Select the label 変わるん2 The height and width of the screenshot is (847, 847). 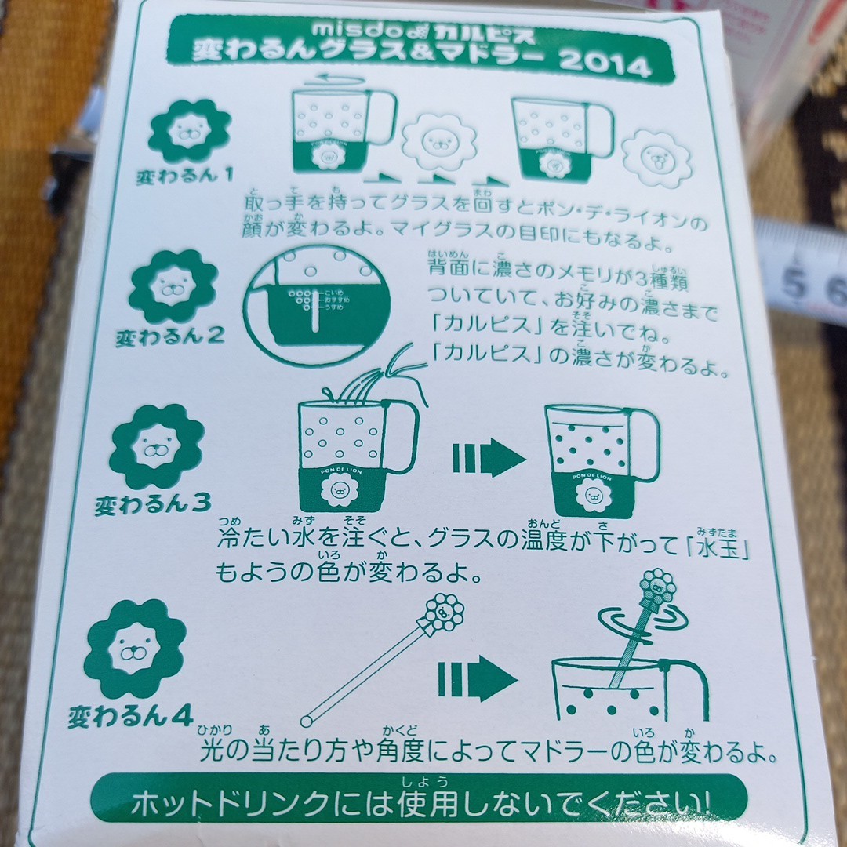(x=169, y=338)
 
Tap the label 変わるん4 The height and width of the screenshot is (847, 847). (x=130, y=715)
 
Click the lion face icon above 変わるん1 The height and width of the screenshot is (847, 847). (x=189, y=131)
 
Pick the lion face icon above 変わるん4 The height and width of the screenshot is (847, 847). (x=135, y=648)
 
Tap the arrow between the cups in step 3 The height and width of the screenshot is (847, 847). (x=489, y=458)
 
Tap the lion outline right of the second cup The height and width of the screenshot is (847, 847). (x=658, y=155)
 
